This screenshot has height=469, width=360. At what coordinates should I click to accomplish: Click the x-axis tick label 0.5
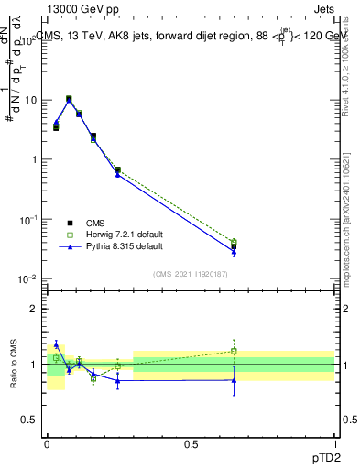coord(191,442)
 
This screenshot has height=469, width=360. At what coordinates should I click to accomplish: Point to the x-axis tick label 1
coord(335,442)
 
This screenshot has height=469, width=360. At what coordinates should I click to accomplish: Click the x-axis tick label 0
coord(47,442)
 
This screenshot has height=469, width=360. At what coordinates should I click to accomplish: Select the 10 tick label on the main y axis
coord(28,100)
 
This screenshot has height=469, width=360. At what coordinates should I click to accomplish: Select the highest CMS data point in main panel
coord(69,99)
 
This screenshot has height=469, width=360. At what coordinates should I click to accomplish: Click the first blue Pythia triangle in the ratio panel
coord(56,344)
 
